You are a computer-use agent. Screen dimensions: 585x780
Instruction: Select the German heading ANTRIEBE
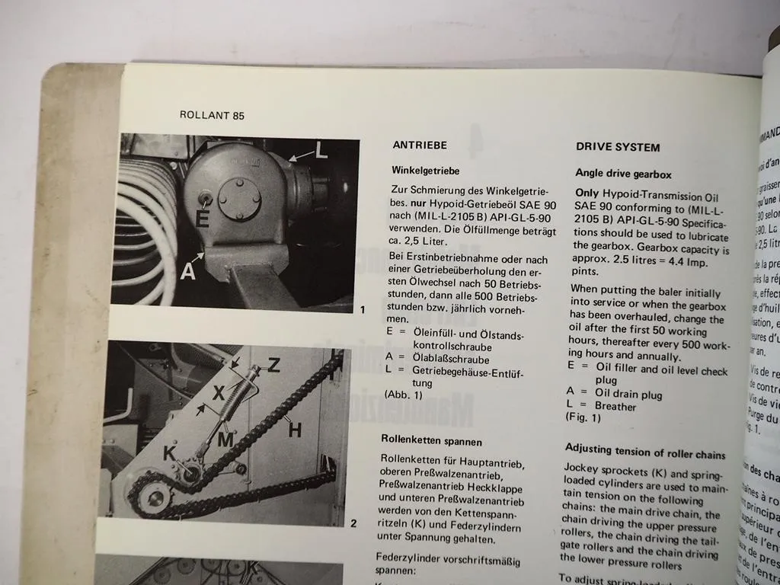pyautogui.click(x=419, y=145)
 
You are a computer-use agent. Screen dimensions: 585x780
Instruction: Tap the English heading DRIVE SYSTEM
pyautogui.click(x=617, y=147)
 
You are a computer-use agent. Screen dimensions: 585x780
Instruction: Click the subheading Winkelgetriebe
pyautogui.click(x=425, y=171)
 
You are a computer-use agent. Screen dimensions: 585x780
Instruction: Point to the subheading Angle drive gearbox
pyautogui.click(x=623, y=174)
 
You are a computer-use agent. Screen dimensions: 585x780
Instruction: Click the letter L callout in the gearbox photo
pyautogui.click(x=321, y=150)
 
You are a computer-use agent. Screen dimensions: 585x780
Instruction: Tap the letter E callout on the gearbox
pyautogui.click(x=202, y=218)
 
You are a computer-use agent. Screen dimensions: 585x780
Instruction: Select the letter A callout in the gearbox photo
pyautogui.click(x=188, y=270)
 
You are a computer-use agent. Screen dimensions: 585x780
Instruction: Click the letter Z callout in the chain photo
pyautogui.click(x=273, y=366)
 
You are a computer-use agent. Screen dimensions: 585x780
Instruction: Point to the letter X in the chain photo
pyautogui.click(x=219, y=392)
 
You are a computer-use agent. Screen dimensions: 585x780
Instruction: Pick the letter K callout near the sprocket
pyautogui.click(x=171, y=453)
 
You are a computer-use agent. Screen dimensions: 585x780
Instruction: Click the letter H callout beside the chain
pyautogui.click(x=294, y=430)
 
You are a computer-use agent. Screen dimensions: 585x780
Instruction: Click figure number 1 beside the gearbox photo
pyautogui.click(x=363, y=310)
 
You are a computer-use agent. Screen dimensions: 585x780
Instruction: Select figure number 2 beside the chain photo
pyautogui.click(x=353, y=523)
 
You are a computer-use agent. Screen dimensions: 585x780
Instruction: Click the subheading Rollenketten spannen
pyautogui.click(x=431, y=440)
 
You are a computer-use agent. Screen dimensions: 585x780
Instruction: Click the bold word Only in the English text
pyautogui.click(x=587, y=193)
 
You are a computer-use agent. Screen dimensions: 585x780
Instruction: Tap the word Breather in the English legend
pyautogui.click(x=615, y=407)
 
